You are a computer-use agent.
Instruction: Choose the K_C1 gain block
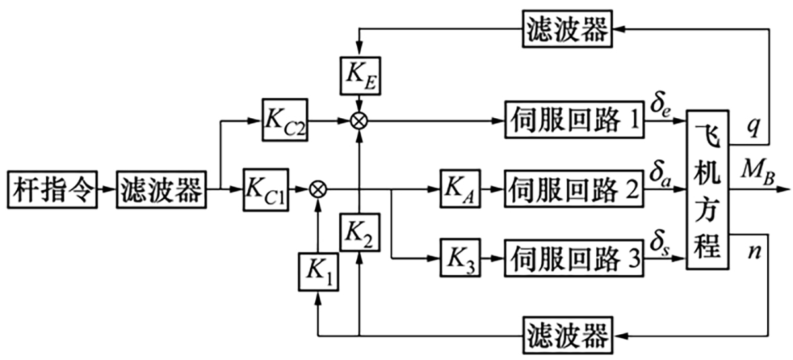(x=265, y=189)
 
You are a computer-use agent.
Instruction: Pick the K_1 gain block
(x=318, y=271)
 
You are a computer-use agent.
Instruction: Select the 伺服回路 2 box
(x=574, y=189)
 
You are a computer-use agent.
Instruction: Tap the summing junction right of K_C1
(x=318, y=189)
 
